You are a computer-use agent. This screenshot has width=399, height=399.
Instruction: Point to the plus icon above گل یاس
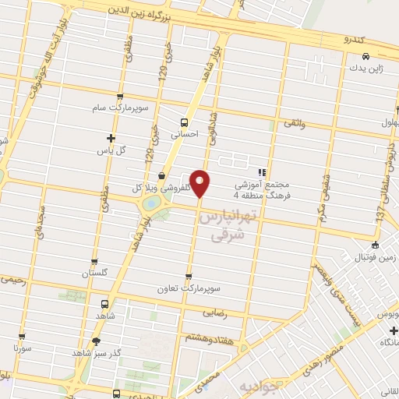(x=111, y=138)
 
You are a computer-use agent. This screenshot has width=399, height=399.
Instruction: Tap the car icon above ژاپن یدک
(x=366, y=55)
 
